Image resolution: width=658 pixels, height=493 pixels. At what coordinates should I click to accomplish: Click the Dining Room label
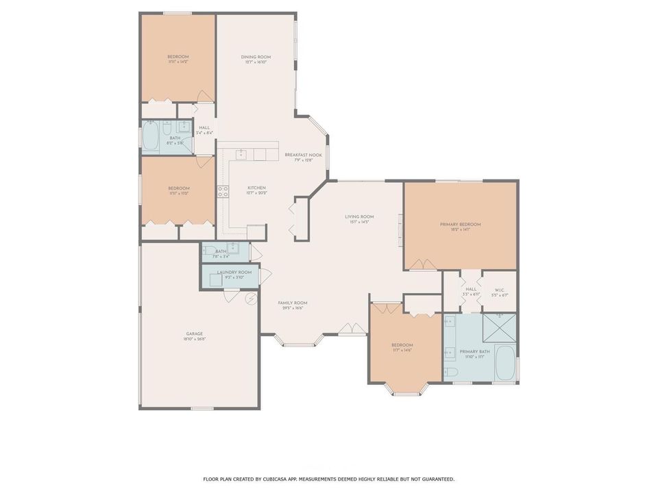256,57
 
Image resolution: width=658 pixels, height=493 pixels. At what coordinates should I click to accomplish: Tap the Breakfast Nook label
303,155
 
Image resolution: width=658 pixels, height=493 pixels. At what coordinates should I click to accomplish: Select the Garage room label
194,333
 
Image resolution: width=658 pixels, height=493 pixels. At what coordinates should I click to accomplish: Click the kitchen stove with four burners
223,191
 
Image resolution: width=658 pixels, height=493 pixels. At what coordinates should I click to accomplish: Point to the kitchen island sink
241,155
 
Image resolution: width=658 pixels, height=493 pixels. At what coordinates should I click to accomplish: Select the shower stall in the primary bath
499,327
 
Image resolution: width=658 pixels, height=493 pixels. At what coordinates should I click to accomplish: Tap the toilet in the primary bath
451,372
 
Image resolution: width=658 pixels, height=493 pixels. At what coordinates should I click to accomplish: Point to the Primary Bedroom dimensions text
460,230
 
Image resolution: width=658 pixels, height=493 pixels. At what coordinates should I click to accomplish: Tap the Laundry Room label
234,272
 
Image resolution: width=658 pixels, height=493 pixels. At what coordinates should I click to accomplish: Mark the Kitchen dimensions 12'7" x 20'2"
256,193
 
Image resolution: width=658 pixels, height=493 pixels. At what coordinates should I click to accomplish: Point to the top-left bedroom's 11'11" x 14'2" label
178,62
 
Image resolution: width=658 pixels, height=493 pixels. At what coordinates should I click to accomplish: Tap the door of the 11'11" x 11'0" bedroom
204,162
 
